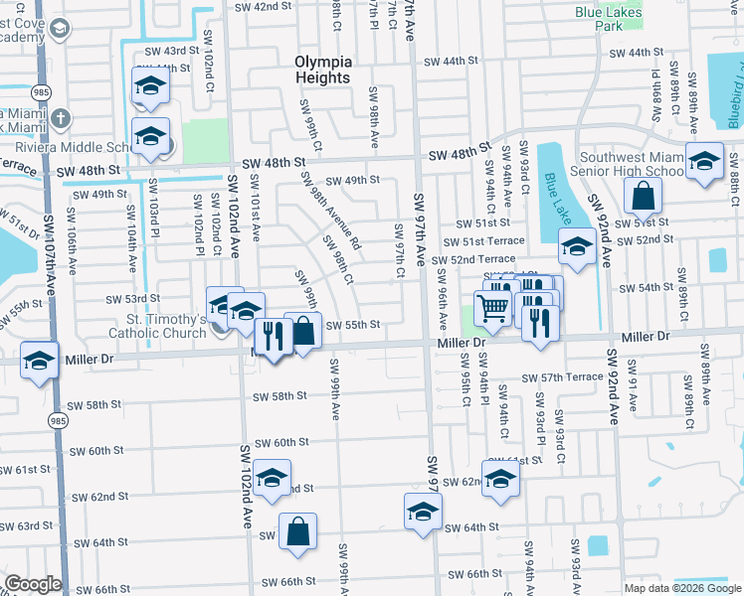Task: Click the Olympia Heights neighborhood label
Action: (x=323, y=70)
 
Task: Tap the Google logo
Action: (x=33, y=584)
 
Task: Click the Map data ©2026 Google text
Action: (x=681, y=588)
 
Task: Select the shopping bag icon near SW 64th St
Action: (x=298, y=532)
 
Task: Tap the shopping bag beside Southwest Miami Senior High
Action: (x=644, y=197)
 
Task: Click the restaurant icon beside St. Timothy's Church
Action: (x=273, y=337)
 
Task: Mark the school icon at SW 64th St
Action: (x=423, y=512)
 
